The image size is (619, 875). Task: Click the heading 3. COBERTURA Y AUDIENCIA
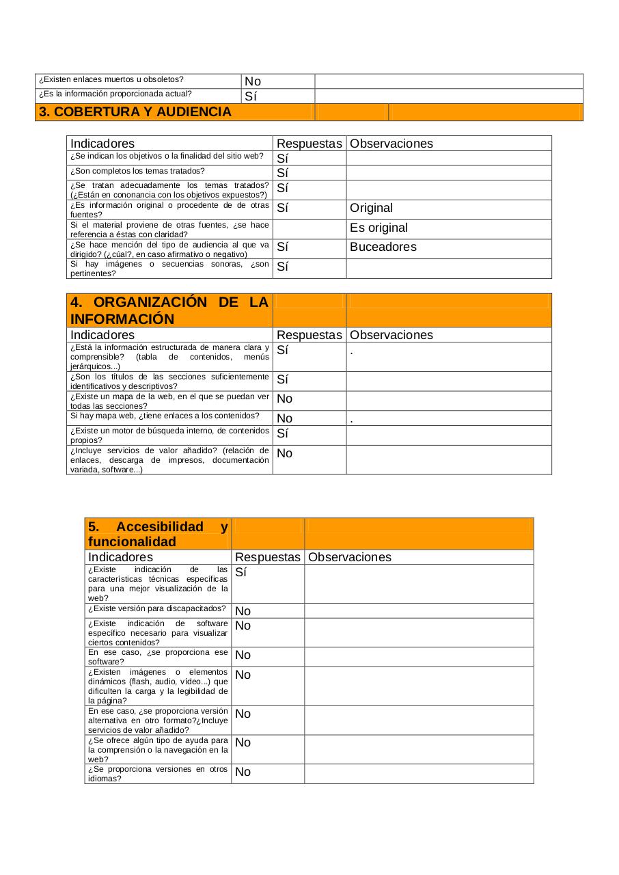(135, 112)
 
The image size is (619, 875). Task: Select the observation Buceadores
(383, 247)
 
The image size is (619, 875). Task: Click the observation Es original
(379, 228)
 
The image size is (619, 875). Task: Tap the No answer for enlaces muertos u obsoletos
(253, 81)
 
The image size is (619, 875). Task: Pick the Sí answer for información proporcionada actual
(251, 96)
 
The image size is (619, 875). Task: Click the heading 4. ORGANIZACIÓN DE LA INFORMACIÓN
(169, 311)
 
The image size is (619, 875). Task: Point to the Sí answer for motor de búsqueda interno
(282, 433)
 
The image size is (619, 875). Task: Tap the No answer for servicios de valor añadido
(284, 453)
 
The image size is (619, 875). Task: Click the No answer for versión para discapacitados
(243, 611)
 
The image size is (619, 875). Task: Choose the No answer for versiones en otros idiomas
(243, 772)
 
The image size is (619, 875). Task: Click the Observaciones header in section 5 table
(349, 557)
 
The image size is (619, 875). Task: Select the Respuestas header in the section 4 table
(309, 335)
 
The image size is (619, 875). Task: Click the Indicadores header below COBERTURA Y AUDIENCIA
(102, 144)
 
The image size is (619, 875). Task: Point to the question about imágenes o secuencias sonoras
(169, 269)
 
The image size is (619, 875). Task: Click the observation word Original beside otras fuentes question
(371, 208)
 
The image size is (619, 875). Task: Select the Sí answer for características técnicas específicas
(240, 572)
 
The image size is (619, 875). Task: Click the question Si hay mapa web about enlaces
(165, 416)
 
